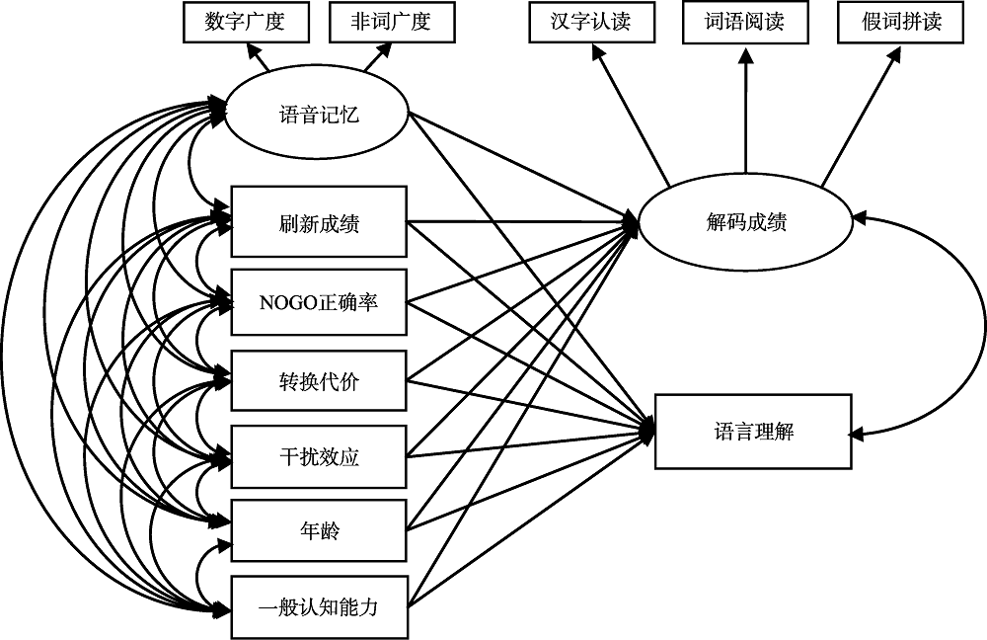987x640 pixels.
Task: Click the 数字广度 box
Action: pyautogui.click(x=245, y=23)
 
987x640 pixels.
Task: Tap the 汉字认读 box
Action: pyautogui.click(x=590, y=23)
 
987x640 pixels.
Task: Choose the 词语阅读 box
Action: pyautogui.click(x=744, y=23)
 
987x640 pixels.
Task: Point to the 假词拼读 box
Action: pyautogui.click(x=902, y=23)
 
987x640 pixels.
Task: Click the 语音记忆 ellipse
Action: pyautogui.click(x=318, y=116)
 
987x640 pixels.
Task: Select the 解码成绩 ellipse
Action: pyautogui.click(x=745, y=222)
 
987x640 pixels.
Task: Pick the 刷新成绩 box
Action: pyautogui.click(x=318, y=222)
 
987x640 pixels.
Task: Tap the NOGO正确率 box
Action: pyautogui.click(x=318, y=301)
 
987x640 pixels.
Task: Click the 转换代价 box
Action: pyautogui.click(x=318, y=379)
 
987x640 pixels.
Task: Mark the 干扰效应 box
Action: pyautogui.click(x=318, y=457)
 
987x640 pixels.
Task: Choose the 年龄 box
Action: pyautogui.click(x=318, y=532)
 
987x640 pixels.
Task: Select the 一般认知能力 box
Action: pyautogui.click(x=318, y=606)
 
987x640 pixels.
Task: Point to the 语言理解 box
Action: pyautogui.click(x=753, y=432)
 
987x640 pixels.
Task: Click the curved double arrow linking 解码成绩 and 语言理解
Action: pyautogui.click(x=983, y=326)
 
